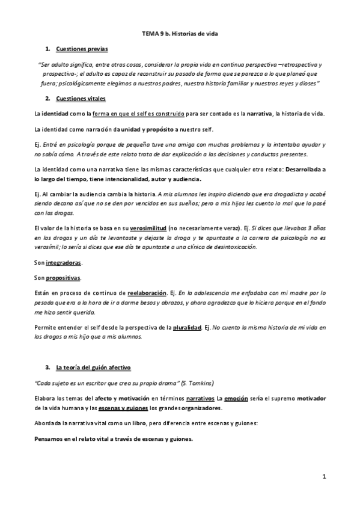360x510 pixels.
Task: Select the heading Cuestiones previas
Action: pyautogui.click(x=82, y=49)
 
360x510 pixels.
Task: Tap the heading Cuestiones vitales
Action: pyautogui.click(x=81, y=98)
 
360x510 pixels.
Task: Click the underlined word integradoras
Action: pyautogui.click(x=64, y=263)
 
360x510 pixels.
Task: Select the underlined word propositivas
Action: pyautogui.click(x=64, y=278)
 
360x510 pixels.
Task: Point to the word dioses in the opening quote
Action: pyautogui.click(x=306, y=82)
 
